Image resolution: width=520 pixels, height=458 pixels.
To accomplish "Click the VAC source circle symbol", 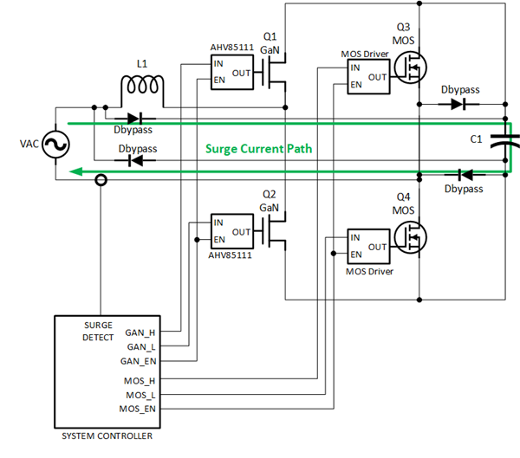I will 39,145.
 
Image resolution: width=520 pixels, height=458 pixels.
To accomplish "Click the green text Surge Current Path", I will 258,149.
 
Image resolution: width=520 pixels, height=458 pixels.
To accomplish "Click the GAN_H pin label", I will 140,332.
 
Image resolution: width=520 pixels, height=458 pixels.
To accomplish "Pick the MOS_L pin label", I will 139,394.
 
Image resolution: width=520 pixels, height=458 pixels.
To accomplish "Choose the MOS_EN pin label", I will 137,407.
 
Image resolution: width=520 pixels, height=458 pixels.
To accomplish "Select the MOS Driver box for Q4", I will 367,246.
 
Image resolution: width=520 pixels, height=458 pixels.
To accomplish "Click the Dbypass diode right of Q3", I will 456,105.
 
